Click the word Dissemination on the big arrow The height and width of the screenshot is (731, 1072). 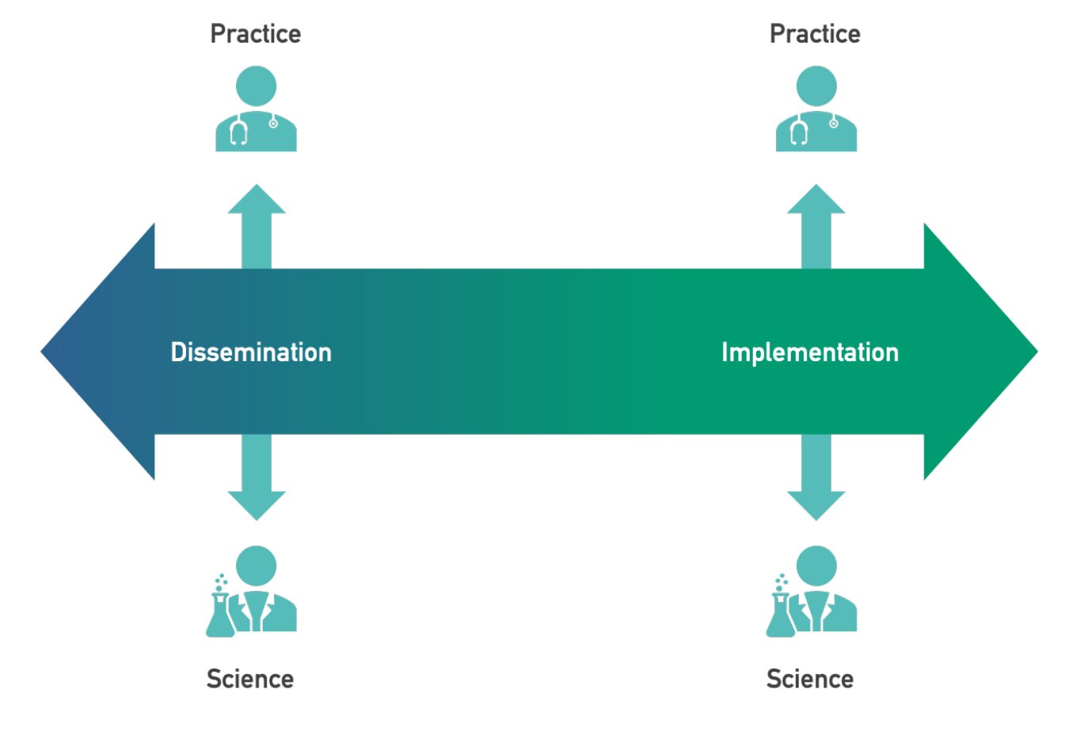[x=251, y=352]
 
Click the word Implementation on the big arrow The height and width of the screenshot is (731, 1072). [x=810, y=353]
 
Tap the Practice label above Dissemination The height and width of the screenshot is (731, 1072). [x=256, y=34]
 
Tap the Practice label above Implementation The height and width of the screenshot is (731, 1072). [x=815, y=34]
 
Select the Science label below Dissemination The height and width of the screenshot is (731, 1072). [x=250, y=679]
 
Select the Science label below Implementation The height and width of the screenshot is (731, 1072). [x=810, y=679]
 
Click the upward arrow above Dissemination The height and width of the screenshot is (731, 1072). [x=257, y=227]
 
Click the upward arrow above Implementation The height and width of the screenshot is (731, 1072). [x=816, y=227]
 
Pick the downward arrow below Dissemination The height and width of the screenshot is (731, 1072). [x=257, y=478]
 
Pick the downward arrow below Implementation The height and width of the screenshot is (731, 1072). [x=816, y=478]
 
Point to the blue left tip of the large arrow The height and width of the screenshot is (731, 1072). [x=41, y=352]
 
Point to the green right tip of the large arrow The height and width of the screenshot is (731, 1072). [x=1037, y=352]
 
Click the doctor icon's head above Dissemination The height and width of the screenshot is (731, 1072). [x=256, y=86]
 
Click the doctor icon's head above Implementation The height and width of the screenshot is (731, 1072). [x=816, y=86]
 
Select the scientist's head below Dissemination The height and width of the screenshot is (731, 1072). [x=256, y=565]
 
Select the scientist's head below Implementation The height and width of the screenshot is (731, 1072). [x=816, y=565]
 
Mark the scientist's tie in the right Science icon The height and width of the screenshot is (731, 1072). [x=816, y=611]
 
